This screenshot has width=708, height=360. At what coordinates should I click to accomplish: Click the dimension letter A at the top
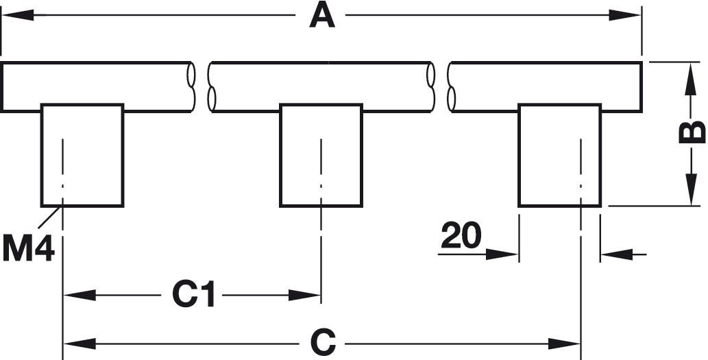click(322, 16)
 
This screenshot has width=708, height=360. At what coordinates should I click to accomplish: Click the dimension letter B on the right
click(692, 132)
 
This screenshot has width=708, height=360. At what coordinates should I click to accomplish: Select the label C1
click(193, 295)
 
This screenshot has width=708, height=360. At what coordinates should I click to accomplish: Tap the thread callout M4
click(28, 250)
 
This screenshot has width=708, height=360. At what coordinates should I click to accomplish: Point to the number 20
click(461, 235)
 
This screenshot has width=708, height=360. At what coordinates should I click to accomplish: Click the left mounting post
click(82, 156)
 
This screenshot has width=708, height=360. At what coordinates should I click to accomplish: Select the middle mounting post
click(321, 156)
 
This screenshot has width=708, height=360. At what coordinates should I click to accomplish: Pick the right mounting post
click(560, 156)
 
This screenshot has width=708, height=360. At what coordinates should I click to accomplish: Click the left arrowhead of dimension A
click(18, 15)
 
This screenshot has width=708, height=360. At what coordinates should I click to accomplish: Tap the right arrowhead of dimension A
click(624, 15)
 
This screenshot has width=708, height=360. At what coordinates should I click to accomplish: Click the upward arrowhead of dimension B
click(689, 79)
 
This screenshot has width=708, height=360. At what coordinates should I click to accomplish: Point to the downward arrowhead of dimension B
click(689, 190)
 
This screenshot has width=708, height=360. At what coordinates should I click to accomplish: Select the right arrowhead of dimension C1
click(304, 296)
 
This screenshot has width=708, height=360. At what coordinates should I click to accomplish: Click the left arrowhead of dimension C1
click(80, 296)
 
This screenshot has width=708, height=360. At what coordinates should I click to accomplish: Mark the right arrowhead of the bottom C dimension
click(564, 344)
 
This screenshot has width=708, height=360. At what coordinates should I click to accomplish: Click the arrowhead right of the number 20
click(502, 254)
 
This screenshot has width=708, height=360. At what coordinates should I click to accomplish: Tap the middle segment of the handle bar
click(321, 86)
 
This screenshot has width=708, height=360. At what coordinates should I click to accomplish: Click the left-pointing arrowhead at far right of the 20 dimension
click(617, 254)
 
